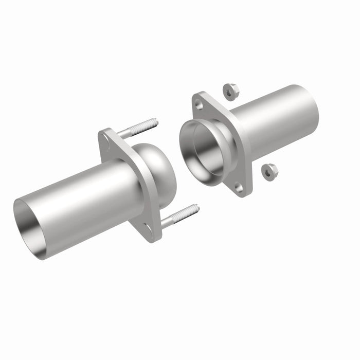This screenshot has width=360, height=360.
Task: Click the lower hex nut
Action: click(x=268, y=172)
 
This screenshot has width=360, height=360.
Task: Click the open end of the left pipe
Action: click(x=30, y=229)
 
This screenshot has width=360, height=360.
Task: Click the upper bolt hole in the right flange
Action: click(x=199, y=105)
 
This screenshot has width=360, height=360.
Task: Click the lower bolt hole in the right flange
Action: click(x=240, y=188)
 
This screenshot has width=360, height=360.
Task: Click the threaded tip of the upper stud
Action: click(x=154, y=123)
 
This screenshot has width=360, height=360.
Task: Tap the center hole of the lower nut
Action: click(x=267, y=172)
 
